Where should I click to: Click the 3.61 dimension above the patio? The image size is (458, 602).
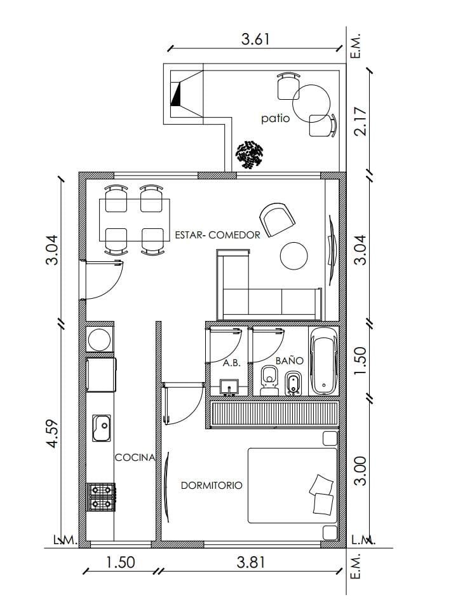click(255, 39)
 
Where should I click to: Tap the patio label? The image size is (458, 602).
click(276, 118)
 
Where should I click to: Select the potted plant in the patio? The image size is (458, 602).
click(250, 154)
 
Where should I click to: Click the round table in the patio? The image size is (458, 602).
click(311, 104)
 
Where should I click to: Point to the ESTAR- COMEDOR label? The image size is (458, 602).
click(217, 235)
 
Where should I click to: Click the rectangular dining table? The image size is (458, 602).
click(134, 220)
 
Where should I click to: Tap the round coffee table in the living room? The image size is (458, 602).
click(294, 256)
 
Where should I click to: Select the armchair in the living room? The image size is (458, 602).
click(277, 219)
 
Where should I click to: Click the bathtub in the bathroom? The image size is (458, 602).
click(324, 360)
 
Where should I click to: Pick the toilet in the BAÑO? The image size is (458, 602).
click(269, 380)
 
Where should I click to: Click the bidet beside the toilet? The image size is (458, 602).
click(293, 383)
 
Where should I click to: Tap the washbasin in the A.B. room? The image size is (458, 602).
click(229, 387)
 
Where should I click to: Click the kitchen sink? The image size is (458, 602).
click(101, 428)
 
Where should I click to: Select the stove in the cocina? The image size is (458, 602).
click(101, 497)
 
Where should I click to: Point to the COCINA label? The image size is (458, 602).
click(135, 458)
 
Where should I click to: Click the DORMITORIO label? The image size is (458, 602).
click(212, 486)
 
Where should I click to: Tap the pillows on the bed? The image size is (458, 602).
click(322, 495)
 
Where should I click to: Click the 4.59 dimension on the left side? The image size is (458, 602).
click(52, 433)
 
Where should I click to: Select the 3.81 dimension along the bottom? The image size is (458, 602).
click(251, 563)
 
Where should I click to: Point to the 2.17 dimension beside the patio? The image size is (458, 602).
click(361, 121)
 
